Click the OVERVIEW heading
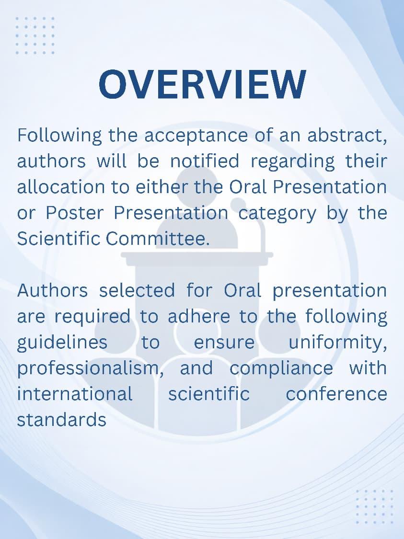tap(202, 84)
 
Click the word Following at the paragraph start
tap(59, 136)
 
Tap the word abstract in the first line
tap(347, 135)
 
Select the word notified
tap(205, 161)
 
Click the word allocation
tap(61, 187)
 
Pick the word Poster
tap(74, 213)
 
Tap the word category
tap(277, 214)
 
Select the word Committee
tap(158, 239)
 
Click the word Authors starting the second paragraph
tap(53, 290)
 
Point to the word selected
tap(137, 290)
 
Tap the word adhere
tap(199, 316)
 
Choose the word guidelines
tap(62, 343)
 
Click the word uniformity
tap(338, 343)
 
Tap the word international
tap(75, 394)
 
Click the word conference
tap(336, 394)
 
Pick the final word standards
tap(61, 420)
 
